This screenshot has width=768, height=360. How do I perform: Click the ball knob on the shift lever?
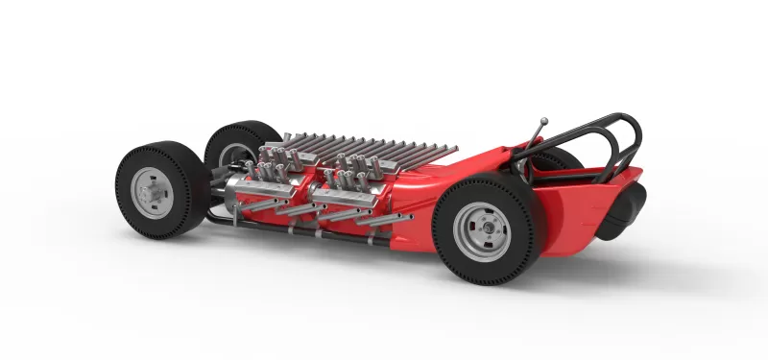[544, 121]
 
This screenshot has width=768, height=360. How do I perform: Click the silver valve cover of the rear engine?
[350, 198]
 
